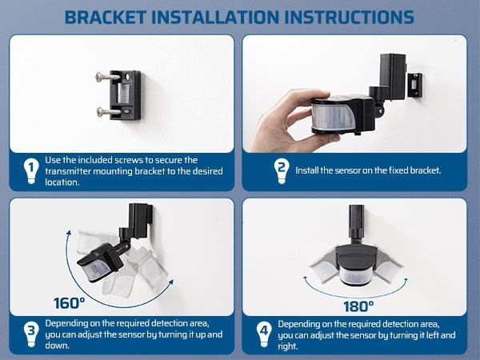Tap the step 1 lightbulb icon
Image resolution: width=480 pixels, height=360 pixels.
30,170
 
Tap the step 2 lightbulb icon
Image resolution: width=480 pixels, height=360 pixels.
281,170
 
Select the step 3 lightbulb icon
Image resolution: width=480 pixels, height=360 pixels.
30,333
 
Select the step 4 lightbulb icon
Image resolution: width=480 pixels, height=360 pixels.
263,333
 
